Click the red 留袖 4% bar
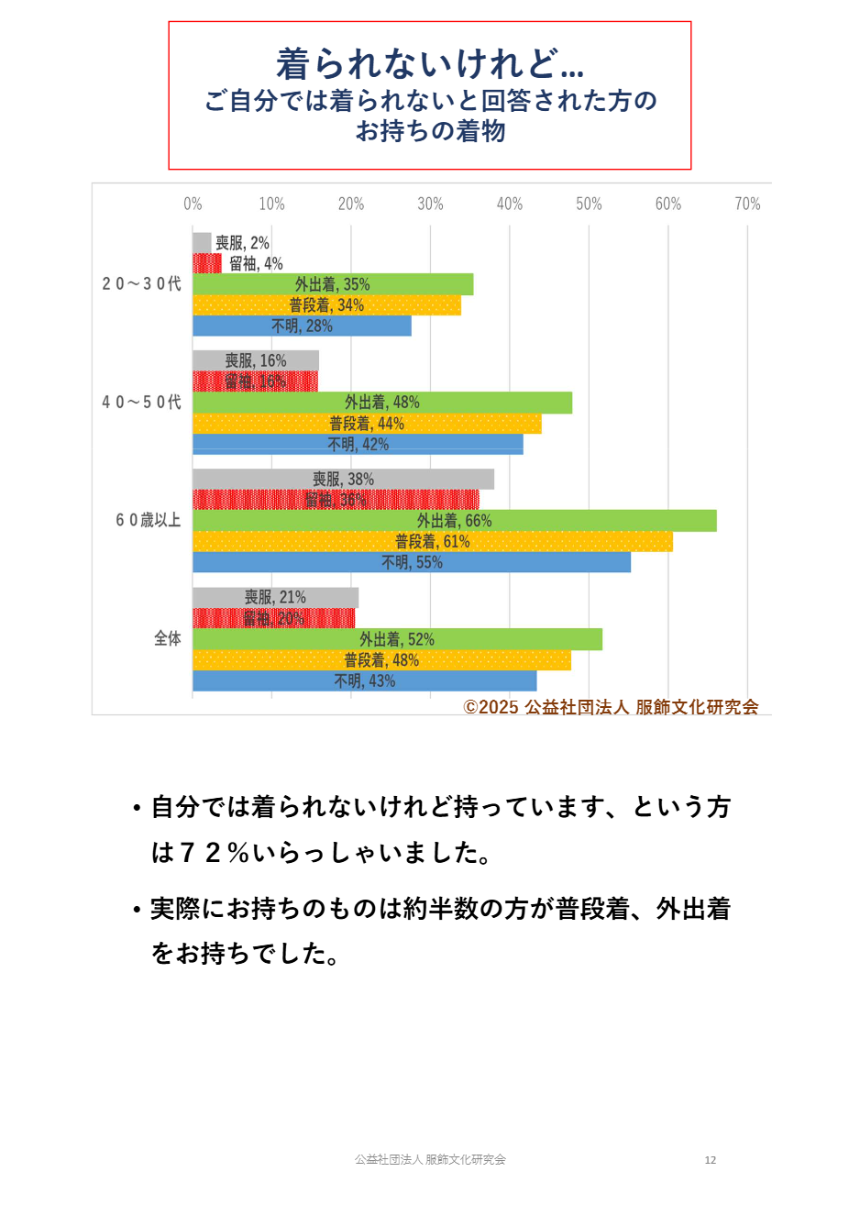point(206,264)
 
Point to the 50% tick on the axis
point(589,204)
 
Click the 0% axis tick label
point(193,204)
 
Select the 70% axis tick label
point(747,204)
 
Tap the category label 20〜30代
point(141,284)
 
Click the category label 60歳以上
point(148,520)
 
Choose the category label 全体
point(167,638)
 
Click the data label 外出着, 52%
point(396,639)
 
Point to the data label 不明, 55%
point(412,562)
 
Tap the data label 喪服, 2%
point(242,243)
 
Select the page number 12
point(710,1160)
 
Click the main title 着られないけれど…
point(429,63)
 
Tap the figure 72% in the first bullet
point(214,853)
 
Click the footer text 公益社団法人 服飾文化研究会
point(430,1160)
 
